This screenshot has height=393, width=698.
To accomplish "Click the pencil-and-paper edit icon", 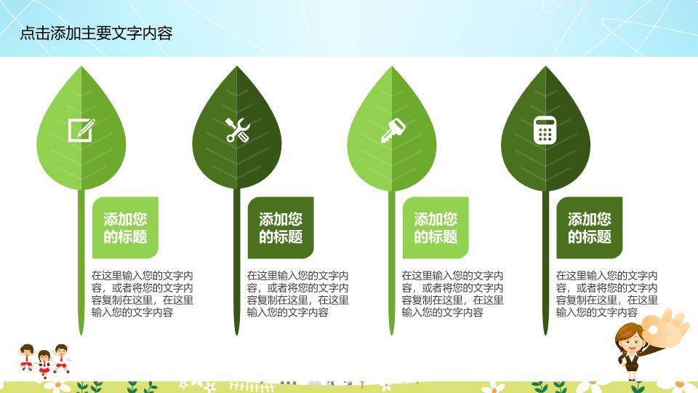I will point(81,130).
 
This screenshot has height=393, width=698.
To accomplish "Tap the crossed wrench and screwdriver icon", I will point(237,130).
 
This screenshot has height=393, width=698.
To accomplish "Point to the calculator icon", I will point(545,130).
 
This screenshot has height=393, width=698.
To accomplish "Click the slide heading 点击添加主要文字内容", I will point(96,33).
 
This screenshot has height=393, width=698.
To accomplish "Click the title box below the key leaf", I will point(436,228).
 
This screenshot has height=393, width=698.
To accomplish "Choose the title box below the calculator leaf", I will point(590,228).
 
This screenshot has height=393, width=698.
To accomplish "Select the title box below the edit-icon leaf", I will point(125,228).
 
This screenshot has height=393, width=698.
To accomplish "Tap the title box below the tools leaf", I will point(281,228).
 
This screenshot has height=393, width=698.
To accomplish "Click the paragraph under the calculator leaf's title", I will point(606,294).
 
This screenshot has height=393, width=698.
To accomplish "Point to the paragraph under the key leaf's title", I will point(452,294).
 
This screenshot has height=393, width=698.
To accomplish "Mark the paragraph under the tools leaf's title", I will point(297,294).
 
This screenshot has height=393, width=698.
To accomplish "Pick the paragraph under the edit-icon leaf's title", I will point(142,294).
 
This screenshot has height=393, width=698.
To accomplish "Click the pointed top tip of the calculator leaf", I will point(546,68).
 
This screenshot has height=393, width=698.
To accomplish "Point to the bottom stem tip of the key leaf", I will point(392,334).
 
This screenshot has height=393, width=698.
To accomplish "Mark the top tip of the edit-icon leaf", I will point(81,68).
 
